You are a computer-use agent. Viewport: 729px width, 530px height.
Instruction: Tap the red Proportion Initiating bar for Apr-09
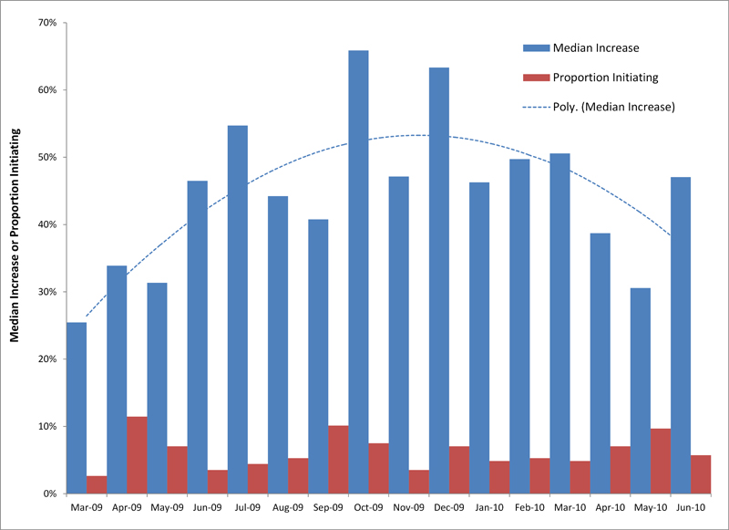137,455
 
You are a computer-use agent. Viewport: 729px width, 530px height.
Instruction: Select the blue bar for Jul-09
238,309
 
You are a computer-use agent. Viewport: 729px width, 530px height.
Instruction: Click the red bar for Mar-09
97,484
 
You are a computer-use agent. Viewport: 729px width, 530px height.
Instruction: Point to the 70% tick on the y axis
46,22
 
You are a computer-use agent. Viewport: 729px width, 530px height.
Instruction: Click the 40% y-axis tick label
46,224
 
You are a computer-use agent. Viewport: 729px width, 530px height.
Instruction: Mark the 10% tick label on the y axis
46,426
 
